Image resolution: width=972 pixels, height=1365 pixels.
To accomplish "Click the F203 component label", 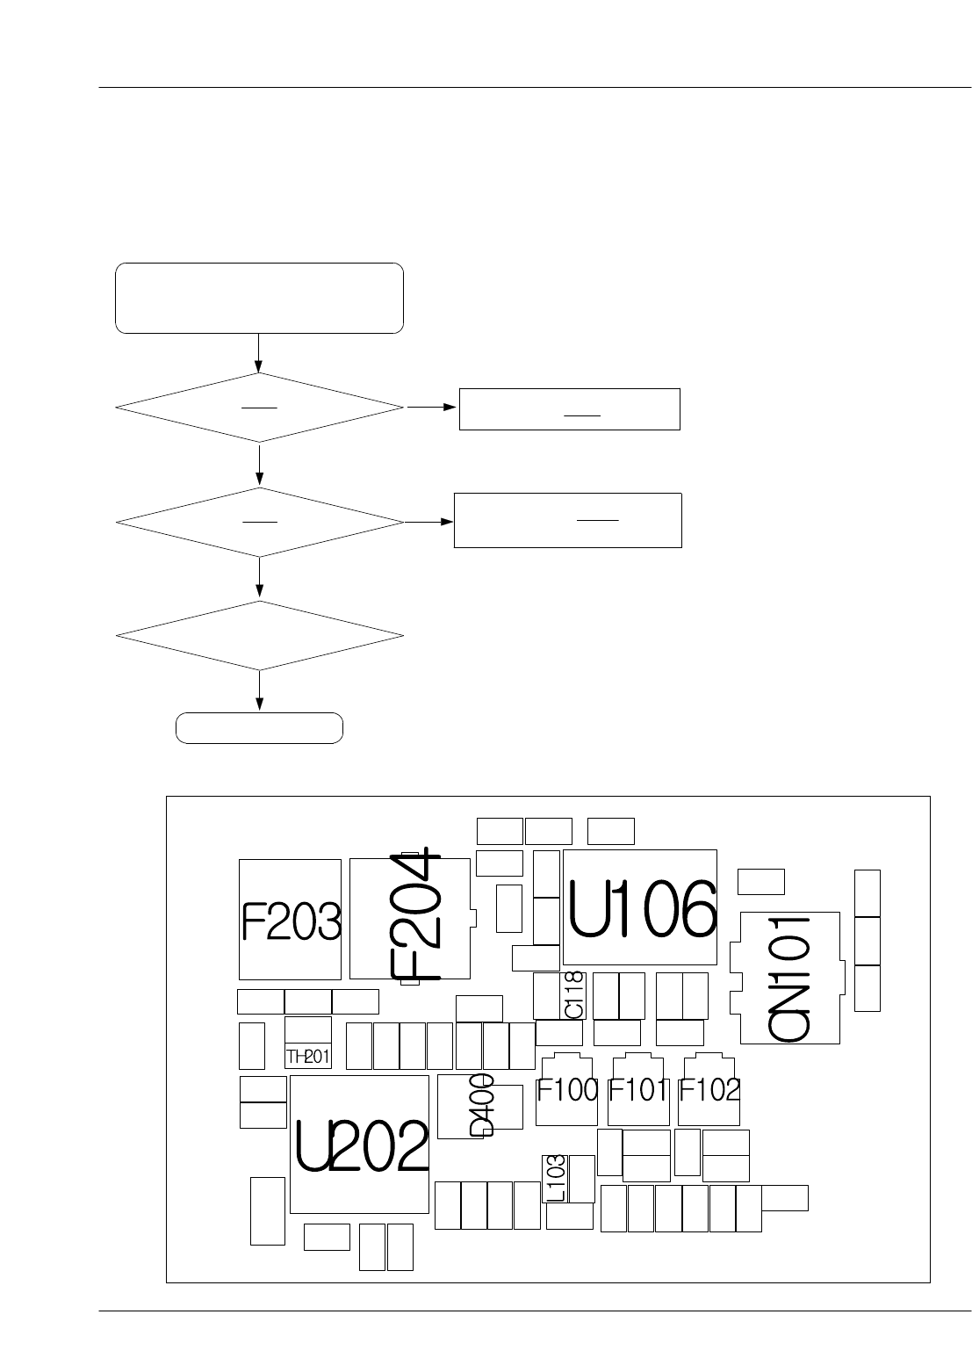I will click(291, 922).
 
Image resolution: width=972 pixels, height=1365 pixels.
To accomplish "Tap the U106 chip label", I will click(641, 910).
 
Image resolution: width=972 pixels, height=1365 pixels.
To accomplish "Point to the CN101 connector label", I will click(789, 979).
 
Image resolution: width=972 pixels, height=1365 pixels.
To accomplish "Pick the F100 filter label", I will click(567, 1091).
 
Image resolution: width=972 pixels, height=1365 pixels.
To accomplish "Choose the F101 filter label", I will click(638, 1091).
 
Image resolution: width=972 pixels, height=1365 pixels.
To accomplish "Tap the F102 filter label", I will click(709, 1091).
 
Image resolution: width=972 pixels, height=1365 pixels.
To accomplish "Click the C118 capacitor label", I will click(574, 995).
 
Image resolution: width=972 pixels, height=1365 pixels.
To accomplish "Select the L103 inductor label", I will click(556, 1178).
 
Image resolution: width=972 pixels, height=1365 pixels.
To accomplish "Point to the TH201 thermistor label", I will click(308, 1056).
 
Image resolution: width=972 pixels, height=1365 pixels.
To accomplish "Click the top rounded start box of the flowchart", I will click(259, 298).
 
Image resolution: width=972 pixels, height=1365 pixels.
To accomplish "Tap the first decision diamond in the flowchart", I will click(259, 408).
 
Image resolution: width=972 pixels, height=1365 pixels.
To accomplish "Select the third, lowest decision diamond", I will click(259, 635).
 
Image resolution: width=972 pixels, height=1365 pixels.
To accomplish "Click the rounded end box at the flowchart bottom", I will click(259, 728).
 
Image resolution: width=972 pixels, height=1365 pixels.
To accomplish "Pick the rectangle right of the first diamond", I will click(569, 408).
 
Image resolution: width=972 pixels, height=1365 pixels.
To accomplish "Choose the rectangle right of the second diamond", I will click(567, 520).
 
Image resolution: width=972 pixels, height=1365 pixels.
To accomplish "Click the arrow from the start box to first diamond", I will click(259, 353).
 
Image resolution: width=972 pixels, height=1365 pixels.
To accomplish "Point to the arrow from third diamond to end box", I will click(259, 691).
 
